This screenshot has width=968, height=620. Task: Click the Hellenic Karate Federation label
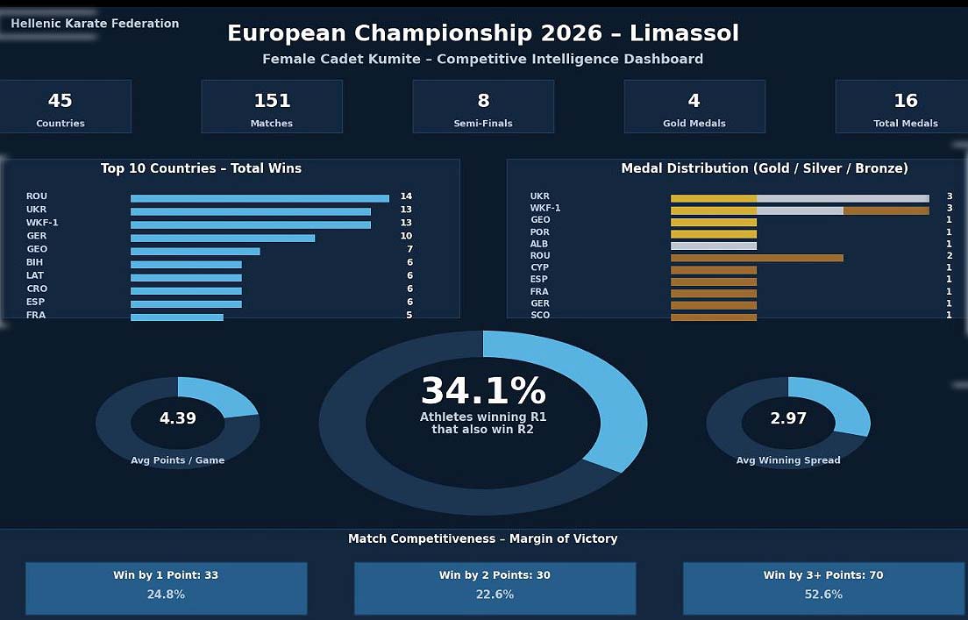pos(95,24)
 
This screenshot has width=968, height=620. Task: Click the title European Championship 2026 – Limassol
pos(483,33)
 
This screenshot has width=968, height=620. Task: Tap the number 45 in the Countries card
pos(60,101)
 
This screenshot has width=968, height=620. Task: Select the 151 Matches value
pos(272,101)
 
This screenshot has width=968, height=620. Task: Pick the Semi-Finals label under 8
pos(483,124)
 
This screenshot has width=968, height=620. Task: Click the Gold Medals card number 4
pos(694,101)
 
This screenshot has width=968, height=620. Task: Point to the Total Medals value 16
pos(906,101)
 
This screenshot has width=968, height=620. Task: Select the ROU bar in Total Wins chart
pos(260,198)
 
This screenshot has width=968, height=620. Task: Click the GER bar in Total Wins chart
pos(223,238)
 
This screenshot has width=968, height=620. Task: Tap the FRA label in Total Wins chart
pos(36,315)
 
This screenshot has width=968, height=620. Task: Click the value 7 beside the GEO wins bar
pos(409,249)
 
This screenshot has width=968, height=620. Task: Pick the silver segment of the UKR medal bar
pos(843,198)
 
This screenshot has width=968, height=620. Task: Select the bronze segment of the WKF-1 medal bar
pos(886,210)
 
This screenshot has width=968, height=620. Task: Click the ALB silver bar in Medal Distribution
pos(714,246)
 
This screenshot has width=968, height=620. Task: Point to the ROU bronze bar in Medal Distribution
pos(757,258)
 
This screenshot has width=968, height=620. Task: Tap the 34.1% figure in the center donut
pos(483,391)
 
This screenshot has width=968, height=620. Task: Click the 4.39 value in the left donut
pos(178,419)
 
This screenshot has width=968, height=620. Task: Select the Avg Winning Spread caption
pos(788,460)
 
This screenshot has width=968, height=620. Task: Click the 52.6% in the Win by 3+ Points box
pos(823,595)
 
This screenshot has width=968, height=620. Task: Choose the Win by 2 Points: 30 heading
pos(495,575)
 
